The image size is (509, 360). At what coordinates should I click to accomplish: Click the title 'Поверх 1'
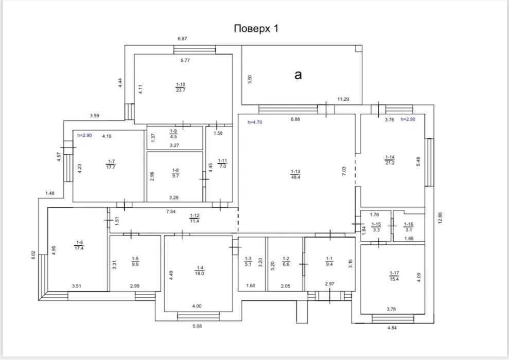point(256,28)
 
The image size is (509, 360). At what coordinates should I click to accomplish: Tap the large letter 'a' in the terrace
point(298,75)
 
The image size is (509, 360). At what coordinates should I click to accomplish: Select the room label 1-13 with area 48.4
point(295,174)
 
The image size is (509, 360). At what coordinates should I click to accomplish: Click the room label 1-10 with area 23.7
point(181,87)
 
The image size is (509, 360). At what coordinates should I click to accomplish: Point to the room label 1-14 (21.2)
point(390,160)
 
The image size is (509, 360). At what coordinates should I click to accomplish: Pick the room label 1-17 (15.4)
point(394,276)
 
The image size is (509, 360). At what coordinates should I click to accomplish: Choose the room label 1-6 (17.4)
point(79,245)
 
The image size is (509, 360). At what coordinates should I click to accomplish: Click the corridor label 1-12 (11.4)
point(195,218)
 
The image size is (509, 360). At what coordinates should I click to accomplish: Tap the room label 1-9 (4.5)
point(173,134)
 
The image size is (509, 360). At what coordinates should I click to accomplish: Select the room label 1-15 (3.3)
point(376,227)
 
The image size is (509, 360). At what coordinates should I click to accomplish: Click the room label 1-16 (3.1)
point(408,227)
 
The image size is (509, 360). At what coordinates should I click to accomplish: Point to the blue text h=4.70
point(255,122)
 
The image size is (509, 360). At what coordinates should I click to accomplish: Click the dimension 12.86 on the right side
point(440,218)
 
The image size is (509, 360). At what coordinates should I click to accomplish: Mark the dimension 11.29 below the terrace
point(343,99)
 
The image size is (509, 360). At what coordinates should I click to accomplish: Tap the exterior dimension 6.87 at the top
point(182,39)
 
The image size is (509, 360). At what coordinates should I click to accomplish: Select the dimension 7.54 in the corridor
point(171,212)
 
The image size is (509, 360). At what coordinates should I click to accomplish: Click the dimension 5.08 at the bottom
point(197,326)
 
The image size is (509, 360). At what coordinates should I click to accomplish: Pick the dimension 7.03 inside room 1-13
point(344,171)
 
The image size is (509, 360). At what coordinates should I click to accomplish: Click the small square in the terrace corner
point(358,48)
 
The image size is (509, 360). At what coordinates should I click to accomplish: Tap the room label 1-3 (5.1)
point(248,261)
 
